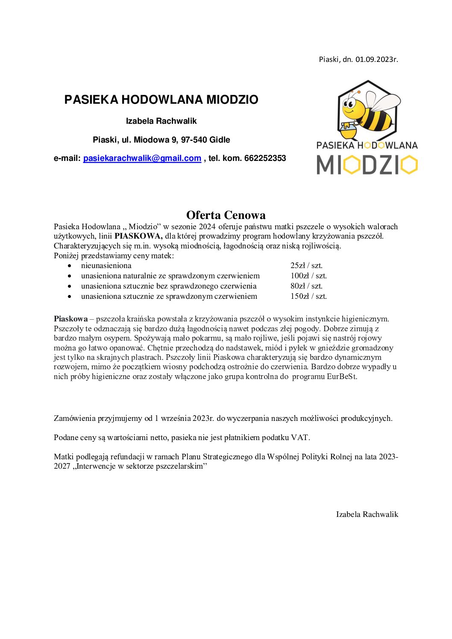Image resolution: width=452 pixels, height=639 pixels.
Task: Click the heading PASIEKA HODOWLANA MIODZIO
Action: click(x=161, y=99)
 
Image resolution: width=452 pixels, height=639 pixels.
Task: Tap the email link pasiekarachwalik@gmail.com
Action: click(x=142, y=158)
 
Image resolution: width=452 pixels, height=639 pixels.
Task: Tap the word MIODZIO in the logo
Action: click(x=367, y=165)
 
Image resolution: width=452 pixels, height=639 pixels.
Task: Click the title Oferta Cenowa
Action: click(x=226, y=215)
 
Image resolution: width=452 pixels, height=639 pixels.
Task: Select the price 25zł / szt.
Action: click(x=306, y=266)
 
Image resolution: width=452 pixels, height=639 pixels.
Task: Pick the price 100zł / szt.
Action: click(x=308, y=276)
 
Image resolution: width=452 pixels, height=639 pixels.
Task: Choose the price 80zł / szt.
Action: click(x=306, y=286)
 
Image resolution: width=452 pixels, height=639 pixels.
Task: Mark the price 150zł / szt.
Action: click(x=308, y=296)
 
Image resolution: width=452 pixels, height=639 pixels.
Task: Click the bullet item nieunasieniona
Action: click(x=106, y=266)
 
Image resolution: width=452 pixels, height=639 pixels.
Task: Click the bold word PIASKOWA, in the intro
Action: click(x=138, y=236)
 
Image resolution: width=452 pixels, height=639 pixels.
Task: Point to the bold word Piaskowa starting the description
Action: click(x=70, y=319)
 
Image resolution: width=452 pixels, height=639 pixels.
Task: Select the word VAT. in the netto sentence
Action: click(x=300, y=438)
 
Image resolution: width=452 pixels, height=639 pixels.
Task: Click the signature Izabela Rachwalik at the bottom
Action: click(x=367, y=514)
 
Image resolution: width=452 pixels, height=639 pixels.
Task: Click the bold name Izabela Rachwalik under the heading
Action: click(x=161, y=121)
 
